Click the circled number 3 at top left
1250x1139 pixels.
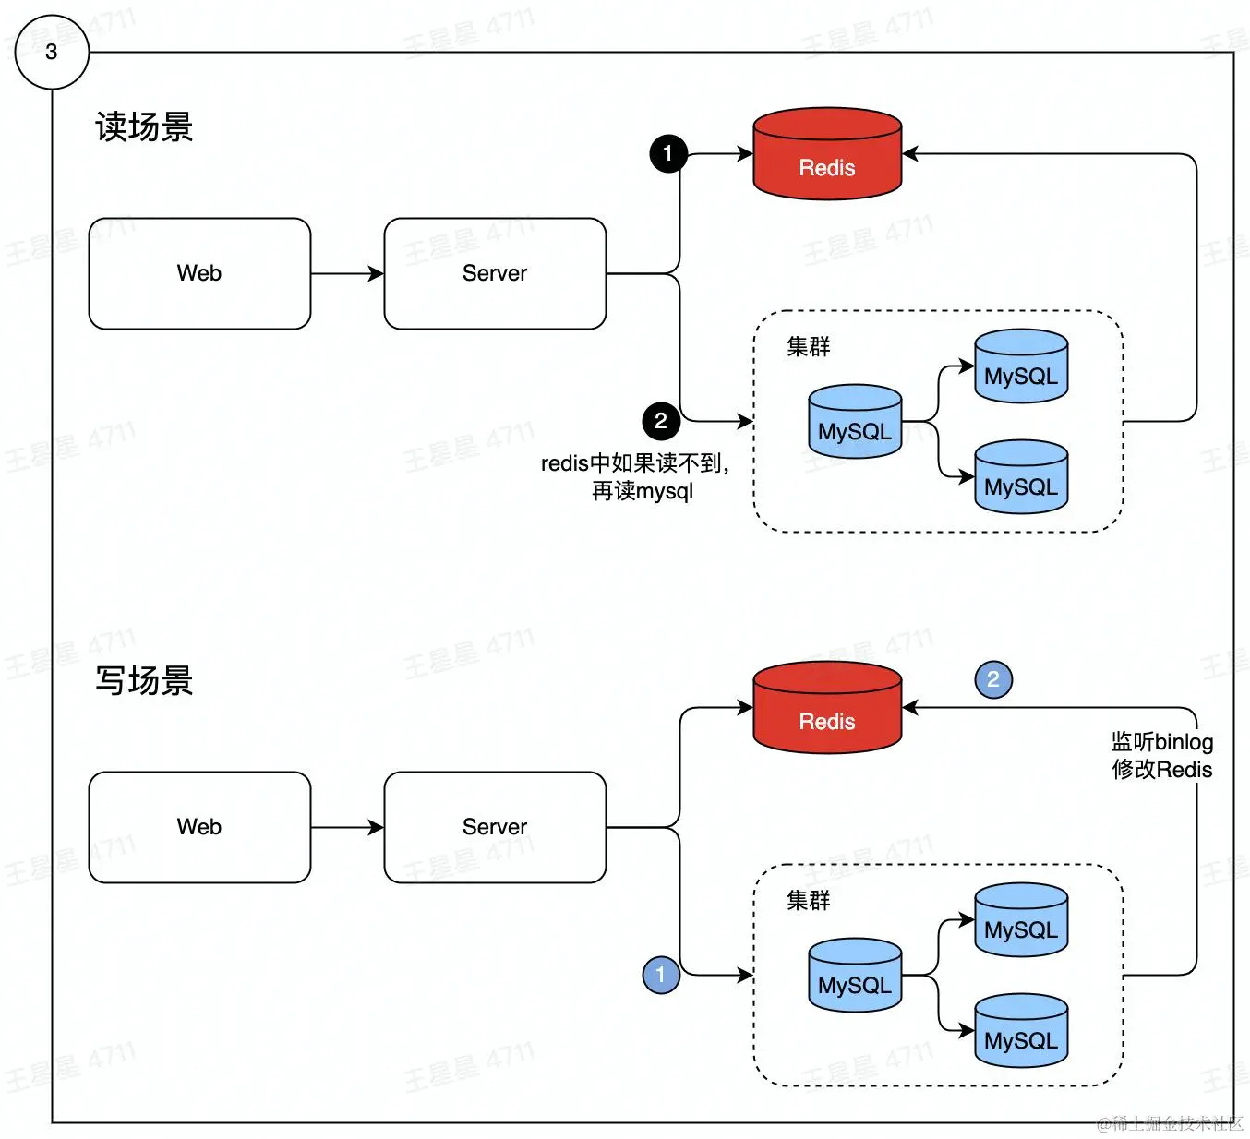(x=52, y=52)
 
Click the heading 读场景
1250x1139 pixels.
(x=144, y=127)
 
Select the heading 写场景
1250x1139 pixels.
(x=144, y=681)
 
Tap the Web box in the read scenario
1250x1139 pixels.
(x=199, y=273)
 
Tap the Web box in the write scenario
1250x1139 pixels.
(x=199, y=827)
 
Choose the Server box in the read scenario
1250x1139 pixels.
(x=495, y=273)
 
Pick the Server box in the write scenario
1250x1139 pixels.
(x=495, y=827)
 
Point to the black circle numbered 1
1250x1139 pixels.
(x=668, y=153)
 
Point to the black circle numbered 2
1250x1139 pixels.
(x=661, y=421)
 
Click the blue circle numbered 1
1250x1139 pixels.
(x=661, y=975)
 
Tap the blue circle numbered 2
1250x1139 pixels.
(x=993, y=679)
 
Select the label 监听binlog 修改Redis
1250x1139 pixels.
(x=1161, y=755)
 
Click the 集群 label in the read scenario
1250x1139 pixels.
(x=809, y=346)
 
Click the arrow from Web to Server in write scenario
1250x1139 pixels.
(x=347, y=827)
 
